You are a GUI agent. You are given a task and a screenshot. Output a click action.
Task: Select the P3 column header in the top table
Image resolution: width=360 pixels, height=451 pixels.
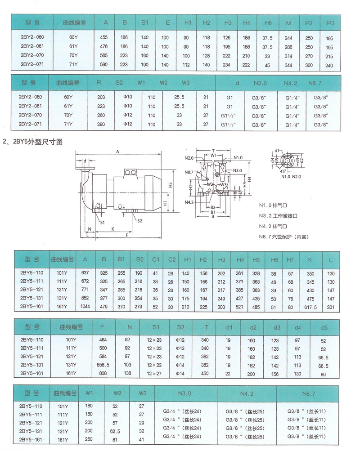pos(330,23)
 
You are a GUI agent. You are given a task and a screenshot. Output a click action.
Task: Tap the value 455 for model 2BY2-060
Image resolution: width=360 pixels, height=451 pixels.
pos(103,37)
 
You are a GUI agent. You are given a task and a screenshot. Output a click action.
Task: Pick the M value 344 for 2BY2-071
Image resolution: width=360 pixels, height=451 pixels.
pos(288,65)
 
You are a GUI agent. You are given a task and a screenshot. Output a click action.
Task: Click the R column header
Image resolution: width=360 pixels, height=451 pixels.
pos(99,83)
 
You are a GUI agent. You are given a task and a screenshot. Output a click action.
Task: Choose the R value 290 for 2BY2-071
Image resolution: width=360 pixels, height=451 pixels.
pos(101,124)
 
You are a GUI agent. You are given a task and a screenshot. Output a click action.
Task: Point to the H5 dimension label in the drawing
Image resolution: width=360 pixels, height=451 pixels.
pos(171,185)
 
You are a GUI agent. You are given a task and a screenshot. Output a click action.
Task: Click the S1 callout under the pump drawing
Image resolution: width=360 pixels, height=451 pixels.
pos(103,222)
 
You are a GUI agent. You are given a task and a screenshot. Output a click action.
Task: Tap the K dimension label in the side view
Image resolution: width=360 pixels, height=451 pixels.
pos(113,229)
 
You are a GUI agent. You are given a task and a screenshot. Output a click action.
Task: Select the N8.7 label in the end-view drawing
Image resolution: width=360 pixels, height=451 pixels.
pos(189,172)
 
